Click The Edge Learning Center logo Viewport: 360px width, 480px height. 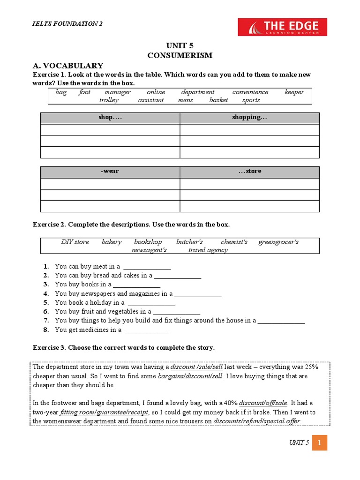[x=282, y=27]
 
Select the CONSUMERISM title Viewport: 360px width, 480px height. [x=180, y=55]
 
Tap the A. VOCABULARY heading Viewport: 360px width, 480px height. [x=67, y=66]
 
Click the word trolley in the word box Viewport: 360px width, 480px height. [x=109, y=100]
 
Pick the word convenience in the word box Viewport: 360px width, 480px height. [x=250, y=92]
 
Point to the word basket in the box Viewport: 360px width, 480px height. [x=218, y=100]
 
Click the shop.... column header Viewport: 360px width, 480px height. [x=110, y=117]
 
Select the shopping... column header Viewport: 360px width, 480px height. [x=249, y=117]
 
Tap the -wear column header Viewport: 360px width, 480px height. [x=110, y=171]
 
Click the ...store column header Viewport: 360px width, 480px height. [x=249, y=171]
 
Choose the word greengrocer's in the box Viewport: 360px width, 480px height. [x=278, y=242]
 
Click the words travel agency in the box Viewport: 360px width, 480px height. [x=208, y=250]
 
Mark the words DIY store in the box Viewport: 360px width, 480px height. [x=75, y=242]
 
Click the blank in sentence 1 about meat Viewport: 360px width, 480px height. [x=147, y=267]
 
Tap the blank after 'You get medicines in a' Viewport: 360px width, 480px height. [x=146, y=330]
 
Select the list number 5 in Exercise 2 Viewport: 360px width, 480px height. [x=46, y=303]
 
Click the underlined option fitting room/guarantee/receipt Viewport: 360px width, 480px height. [x=105, y=412]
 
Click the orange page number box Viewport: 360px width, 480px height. [x=319, y=442]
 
